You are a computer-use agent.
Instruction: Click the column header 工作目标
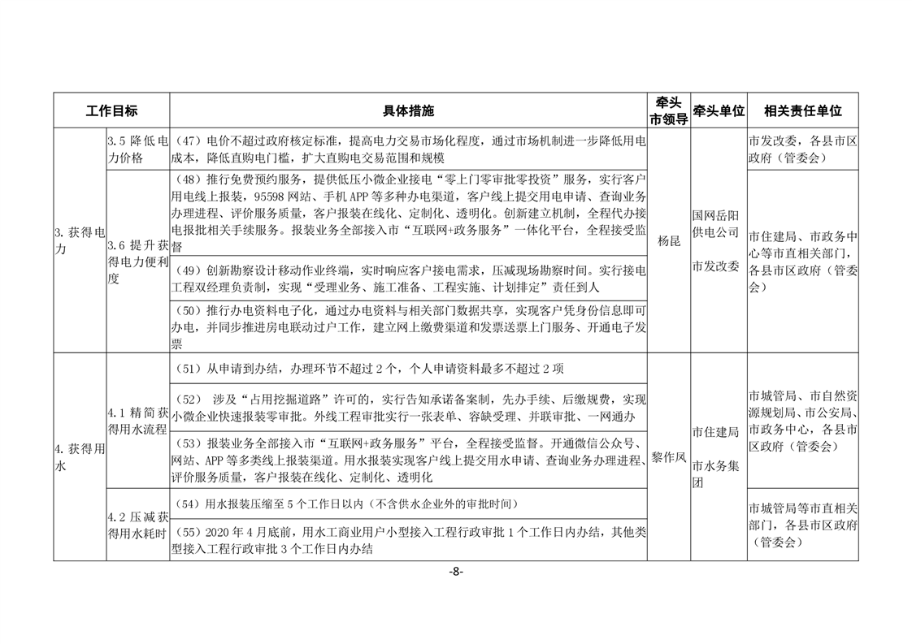point(111,110)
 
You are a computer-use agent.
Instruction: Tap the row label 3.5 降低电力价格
point(137,149)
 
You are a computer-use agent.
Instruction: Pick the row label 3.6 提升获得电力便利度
point(137,261)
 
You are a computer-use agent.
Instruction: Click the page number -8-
point(455,572)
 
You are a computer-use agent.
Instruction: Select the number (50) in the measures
point(189,311)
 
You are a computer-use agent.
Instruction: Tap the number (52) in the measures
point(189,400)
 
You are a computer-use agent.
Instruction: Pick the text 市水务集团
point(715,474)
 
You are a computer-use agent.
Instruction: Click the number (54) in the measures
point(189,504)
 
